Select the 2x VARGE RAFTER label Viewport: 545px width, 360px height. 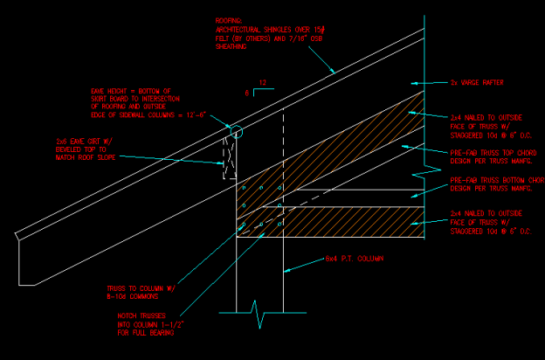point(477,83)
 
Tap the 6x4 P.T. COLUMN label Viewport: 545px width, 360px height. point(354,259)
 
